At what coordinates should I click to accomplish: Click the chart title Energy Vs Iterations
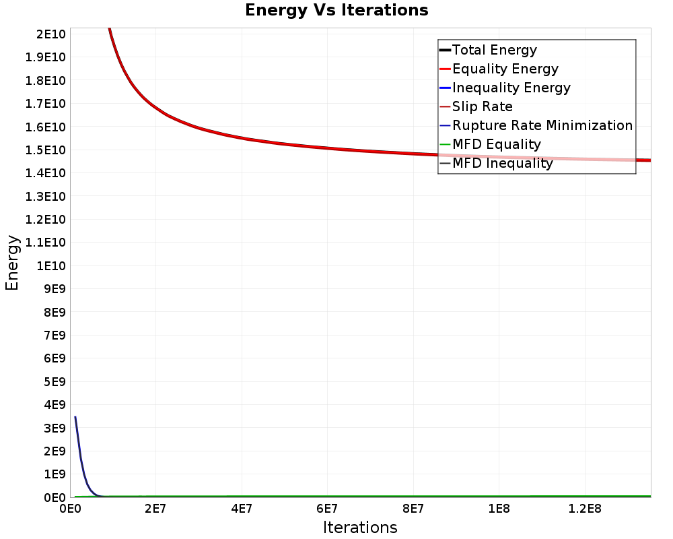click(x=336, y=10)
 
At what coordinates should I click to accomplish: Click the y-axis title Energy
click(x=12, y=262)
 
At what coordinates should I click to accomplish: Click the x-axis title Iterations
click(x=360, y=528)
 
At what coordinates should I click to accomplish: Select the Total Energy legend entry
click(x=494, y=50)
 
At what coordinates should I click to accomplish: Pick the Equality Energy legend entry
click(x=505, y=69)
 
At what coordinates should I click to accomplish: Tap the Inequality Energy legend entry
click(x=511, y=88)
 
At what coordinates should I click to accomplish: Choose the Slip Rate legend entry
click(x=482, y=106)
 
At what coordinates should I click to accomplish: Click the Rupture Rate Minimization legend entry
click(x=542, y=125)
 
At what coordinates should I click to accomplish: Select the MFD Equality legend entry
click(x=496, y=144)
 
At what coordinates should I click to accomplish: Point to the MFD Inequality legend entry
click(x=502, y=163)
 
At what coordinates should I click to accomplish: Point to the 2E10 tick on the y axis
click(x=50, y=34)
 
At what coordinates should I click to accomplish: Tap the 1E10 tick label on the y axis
click(x=50, y=265)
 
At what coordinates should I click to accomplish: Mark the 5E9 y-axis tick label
click(x=53, y=381)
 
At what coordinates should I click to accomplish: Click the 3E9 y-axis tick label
click(x=53, y=428)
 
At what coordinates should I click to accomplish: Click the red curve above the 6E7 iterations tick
click(x=327, y=148)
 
